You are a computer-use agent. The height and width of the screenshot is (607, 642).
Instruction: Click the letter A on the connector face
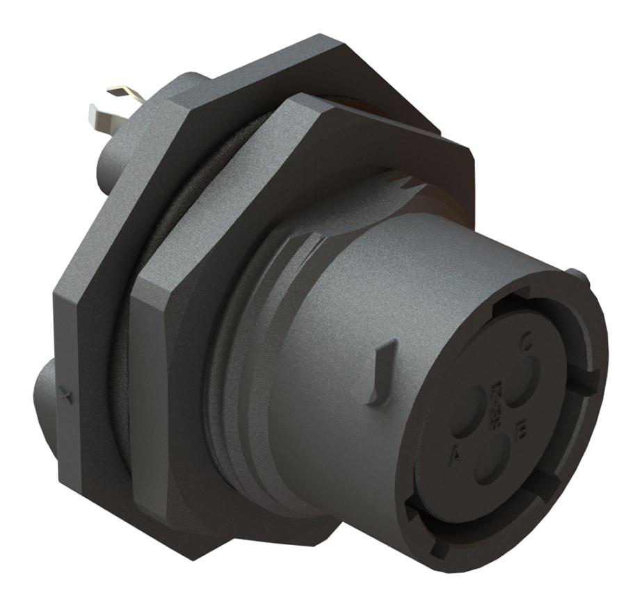pyautogui.click(x=456, y=456)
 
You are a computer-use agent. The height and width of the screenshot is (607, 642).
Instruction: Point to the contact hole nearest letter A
pyautogui.click(x=467, y=411)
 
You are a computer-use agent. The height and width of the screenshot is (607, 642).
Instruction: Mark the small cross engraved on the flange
pyautogui.click(x=67, y=397)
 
